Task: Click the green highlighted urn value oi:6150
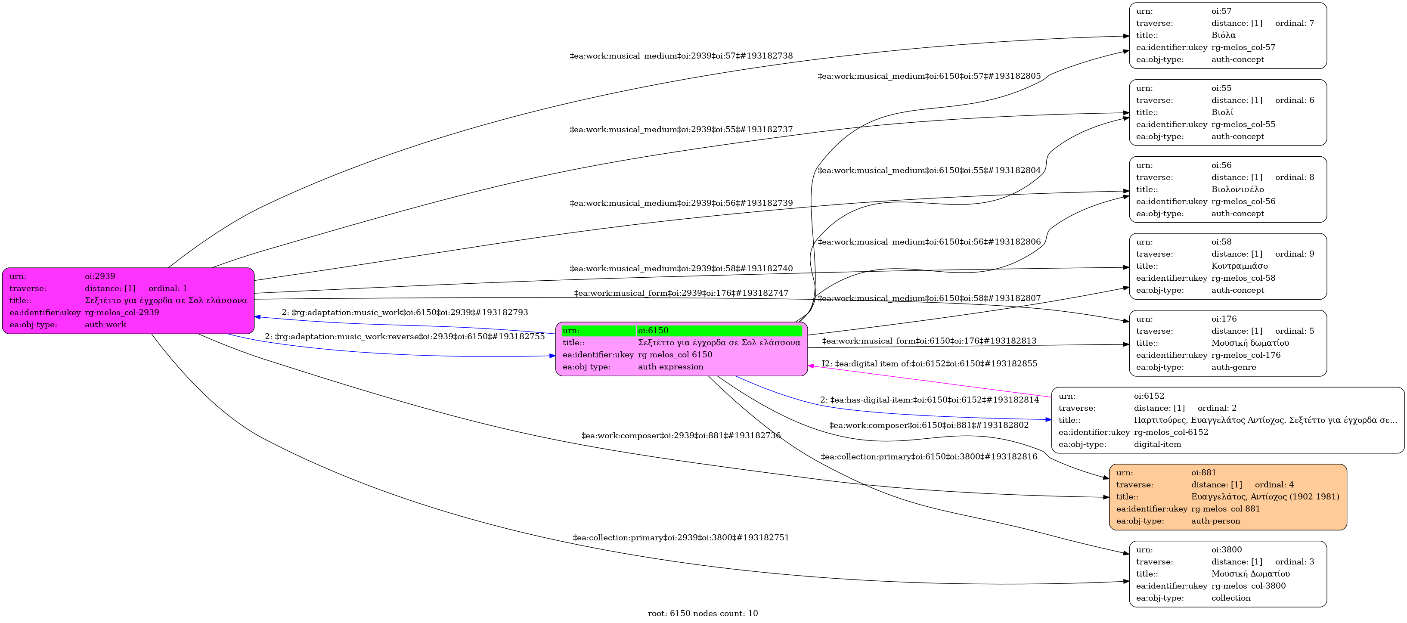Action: coord(653,330)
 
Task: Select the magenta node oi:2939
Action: coord(128,301)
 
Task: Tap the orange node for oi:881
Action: coord(1227,497)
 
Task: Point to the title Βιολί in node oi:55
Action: coord(1222,112)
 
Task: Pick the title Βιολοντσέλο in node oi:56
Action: coord(1237,189)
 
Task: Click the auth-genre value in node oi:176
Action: coord(1233,367)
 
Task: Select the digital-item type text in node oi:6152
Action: coord(1157,444)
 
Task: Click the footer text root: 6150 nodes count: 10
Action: coord(702,613)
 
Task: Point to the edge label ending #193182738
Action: coord(681,56)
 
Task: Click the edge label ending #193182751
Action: coord(681,537)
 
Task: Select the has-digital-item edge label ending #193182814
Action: coord(929,400)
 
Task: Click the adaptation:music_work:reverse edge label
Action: coord(405,336)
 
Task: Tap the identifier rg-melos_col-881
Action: coord(1225,508)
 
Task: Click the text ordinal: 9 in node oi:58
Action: coord(1295,254)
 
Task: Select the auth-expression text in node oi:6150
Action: coord(670,366)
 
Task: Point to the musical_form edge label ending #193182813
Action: coord(929,341)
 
